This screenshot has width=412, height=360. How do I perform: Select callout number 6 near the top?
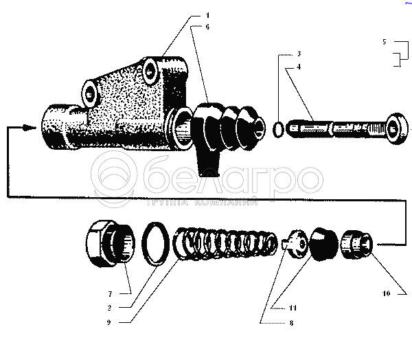tap(207, 27)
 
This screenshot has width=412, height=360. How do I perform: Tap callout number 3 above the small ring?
tap(299, 53)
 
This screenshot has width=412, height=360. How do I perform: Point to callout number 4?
tap(299, 66)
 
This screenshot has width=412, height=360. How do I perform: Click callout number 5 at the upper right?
tap(385, 43)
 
